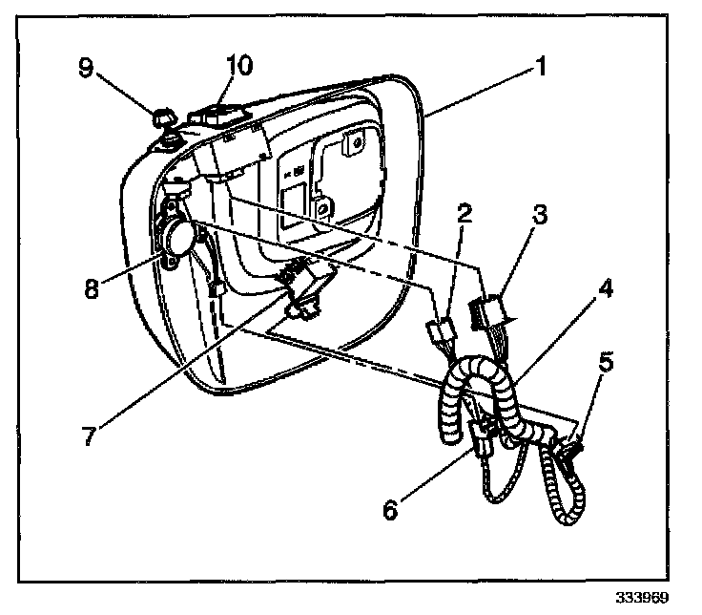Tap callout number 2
click(x=465, y=217)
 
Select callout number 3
click(x=541, y=217)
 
